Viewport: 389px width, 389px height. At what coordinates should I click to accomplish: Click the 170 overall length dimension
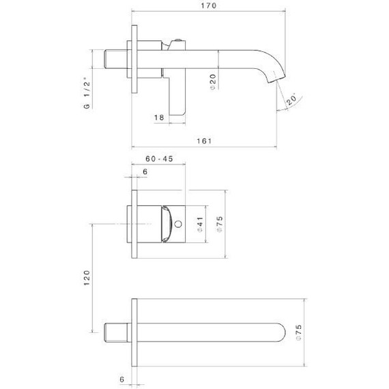tap(209, 6)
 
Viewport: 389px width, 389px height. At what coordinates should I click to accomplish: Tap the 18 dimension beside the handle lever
tap(159, 118)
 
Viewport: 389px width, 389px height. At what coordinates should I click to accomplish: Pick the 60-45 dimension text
tap(159, 159)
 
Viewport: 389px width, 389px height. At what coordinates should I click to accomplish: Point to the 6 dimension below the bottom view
tap(121, 377)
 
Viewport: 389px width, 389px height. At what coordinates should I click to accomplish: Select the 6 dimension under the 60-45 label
tap(144, 172)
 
